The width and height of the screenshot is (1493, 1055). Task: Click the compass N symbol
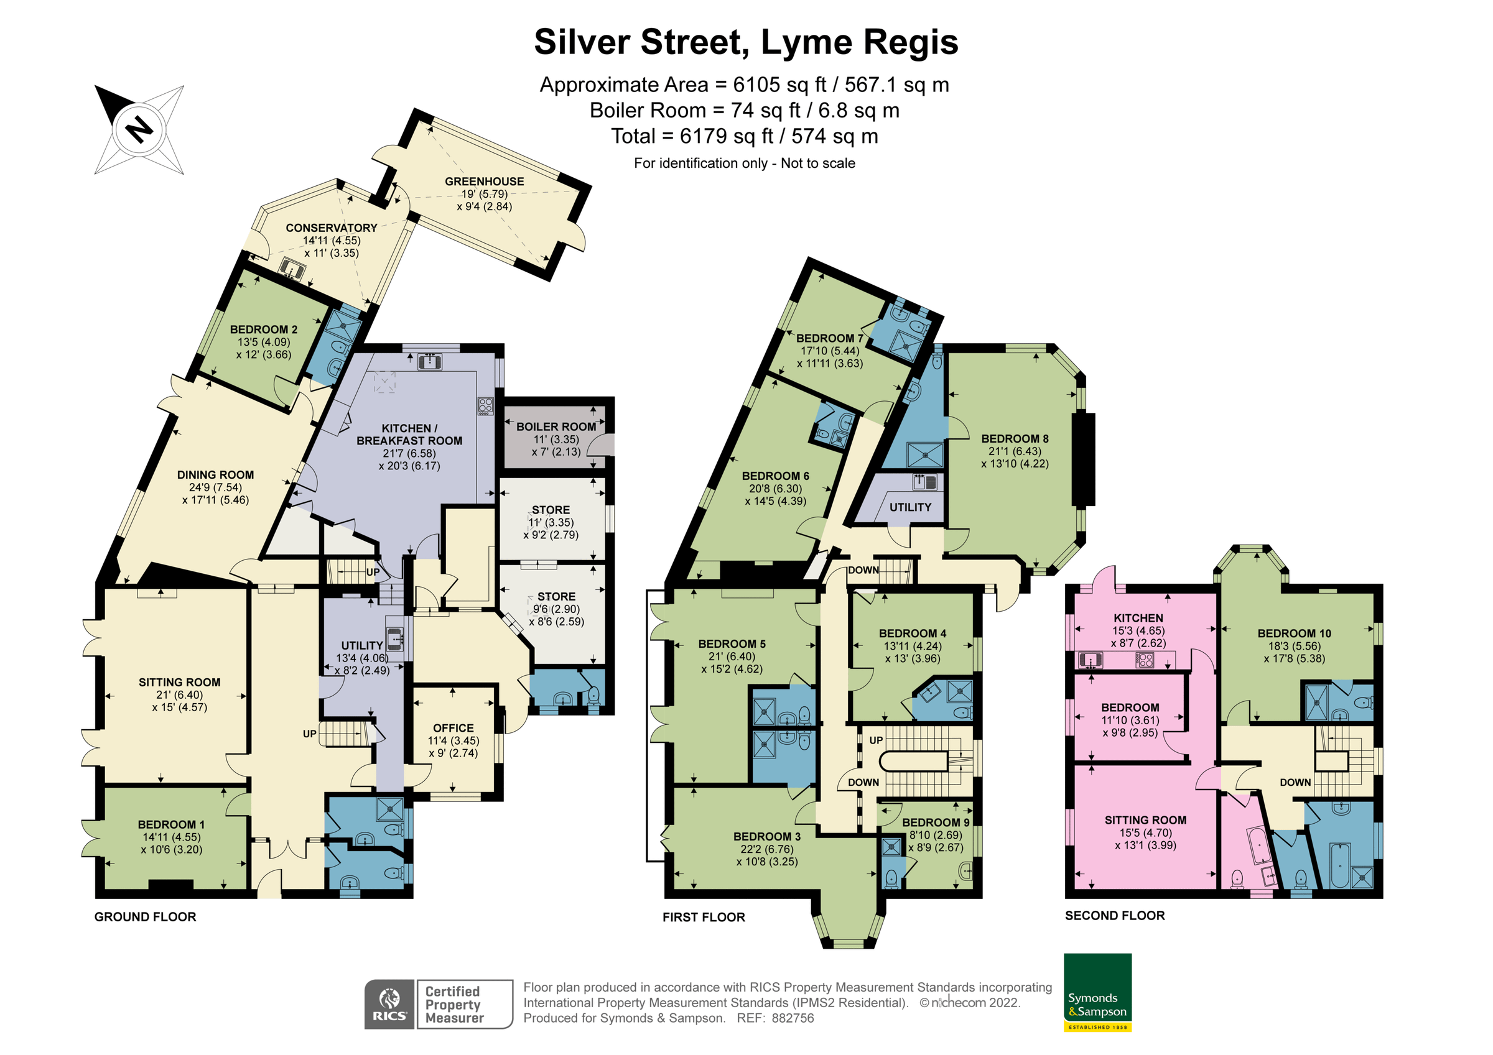click(x=139, y=129)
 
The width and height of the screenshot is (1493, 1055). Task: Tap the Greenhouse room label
click(x=484, y=182)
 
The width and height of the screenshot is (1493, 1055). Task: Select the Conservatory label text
click(x=331, y=228)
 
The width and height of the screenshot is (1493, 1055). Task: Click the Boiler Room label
click(x=556, y=426)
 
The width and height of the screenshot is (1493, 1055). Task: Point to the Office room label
click(x=453, y=728)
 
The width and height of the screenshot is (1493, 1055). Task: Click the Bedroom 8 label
click(x=1015, y=439)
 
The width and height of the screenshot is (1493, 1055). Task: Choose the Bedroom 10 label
click(x=1294, y=633)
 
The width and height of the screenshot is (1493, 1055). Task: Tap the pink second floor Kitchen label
click(x=1138, y=618)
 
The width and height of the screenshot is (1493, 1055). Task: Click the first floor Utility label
click(x=909, y=507)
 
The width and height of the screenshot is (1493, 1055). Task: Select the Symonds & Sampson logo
click(x=1097, y=992)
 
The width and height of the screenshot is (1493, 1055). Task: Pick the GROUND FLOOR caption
click(x=145, y=916)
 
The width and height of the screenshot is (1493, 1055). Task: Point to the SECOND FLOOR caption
click(x=1115, y=915)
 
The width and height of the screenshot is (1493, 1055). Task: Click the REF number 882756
click(x=793, y=1018)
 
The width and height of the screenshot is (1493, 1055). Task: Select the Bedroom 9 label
click(x=935, y=822)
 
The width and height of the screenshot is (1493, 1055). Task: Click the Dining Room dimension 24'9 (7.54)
click(x=215, y=487)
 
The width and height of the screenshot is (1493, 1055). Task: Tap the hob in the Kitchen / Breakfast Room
click(x=485, y=405)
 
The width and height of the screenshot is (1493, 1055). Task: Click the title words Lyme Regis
click(x=859, y=42)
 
